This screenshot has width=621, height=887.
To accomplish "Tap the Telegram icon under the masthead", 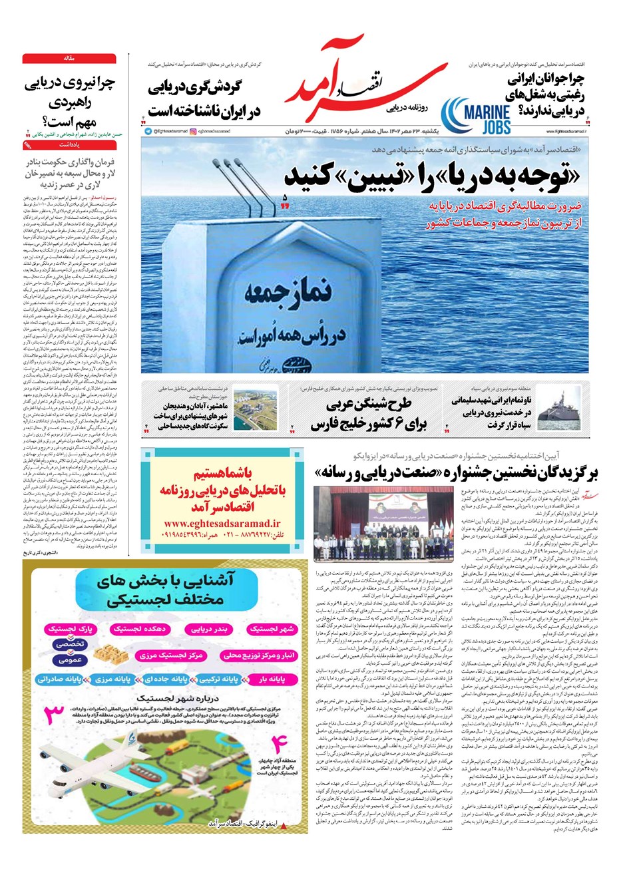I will [x=147, y=132].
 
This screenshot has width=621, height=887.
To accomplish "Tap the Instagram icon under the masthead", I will [x=192, y=132].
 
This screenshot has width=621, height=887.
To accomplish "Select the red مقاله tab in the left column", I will [x=69, y=59].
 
